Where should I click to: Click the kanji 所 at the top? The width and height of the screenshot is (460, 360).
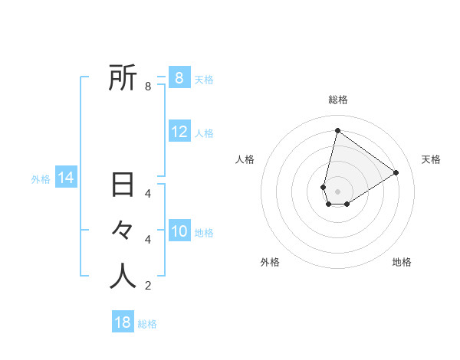pos(123,77)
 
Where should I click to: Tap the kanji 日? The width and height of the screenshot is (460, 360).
pos(123,186)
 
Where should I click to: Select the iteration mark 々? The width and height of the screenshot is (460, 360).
pos(123,231)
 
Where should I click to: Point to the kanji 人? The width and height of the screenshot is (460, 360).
pos(123,276)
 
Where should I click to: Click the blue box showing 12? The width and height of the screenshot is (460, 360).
pos(179,132)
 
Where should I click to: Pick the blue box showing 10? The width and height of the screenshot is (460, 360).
pos(179,231)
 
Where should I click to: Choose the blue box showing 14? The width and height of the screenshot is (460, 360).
pos(66,178)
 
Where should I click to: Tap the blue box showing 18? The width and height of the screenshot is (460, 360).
pos(123,322)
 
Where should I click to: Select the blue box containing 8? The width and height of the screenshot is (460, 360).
pos(179,78)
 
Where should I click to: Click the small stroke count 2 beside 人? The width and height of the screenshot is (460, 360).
pos(148,286)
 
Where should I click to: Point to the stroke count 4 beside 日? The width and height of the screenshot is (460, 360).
pos(148,193)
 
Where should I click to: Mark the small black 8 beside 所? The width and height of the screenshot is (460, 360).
pos(148,87)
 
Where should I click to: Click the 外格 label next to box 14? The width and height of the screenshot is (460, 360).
pos(41,179)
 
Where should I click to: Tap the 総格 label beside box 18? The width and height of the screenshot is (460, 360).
pos(147,324)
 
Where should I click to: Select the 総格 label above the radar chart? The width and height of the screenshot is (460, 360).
pos(337,100)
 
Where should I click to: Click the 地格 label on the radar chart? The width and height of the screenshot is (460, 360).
pos(402,262)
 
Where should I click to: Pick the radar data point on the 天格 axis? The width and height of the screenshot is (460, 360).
pos(396,172)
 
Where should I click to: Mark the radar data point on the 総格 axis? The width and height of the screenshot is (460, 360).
pos(337,130)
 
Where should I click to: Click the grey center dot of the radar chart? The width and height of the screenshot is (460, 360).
pos(337,191)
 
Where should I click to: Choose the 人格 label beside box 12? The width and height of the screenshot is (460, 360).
pos(204,133)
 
